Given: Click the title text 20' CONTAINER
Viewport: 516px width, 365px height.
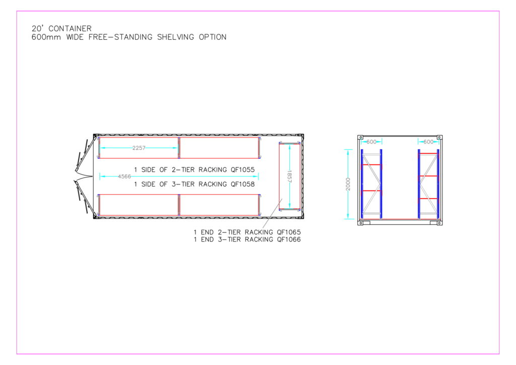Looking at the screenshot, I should pyautogui.click(x=61, y=29).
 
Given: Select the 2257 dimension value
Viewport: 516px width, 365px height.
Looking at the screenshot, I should pyautogui.click(x=140, y=148).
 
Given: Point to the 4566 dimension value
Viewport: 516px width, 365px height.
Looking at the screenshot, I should pyautogui.click(x=124, y=176).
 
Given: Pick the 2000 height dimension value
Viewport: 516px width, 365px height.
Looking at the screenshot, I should pyautogui.click(x=348, y=184).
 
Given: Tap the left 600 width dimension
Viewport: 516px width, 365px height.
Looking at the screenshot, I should pyautogui.click(x=371, y=142).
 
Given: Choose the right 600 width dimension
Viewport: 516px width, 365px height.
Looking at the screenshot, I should pyautogui.click(x=428, y=142).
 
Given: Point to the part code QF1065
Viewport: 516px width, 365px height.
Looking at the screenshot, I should pyautogui.click(x=289, y=232).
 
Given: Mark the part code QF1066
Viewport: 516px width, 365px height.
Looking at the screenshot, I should pyautogui.click(x=289, y=240).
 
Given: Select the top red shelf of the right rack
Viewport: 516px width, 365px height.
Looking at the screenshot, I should pyautogui.click(x=428, y=153).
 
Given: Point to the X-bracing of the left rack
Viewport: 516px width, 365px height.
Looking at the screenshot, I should pyautogui.click(x=371, y=176).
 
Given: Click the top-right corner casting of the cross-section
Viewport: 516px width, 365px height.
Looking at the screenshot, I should pyautogui.click(x=439, y=137).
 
